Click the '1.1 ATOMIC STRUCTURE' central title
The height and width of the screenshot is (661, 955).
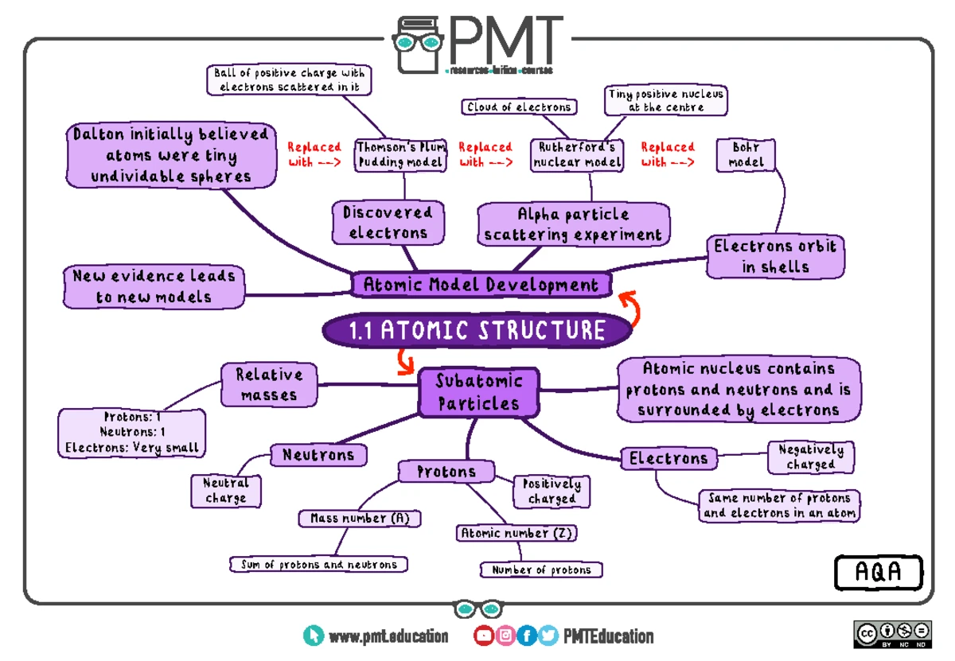click(x=477, y=330)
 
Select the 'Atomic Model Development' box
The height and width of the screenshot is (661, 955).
click(x=481, y=285)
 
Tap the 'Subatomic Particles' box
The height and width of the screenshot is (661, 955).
click(x=478, y=392)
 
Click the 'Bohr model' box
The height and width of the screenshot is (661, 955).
click(x=746, y=154)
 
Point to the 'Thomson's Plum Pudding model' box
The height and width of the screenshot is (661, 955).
click(x=400, y=154)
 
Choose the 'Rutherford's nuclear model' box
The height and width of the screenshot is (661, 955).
click(x=577, y=154)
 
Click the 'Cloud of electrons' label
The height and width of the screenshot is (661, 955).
click(x=519, y=107)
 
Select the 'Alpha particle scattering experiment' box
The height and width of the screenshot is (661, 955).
click(x=573, y=225)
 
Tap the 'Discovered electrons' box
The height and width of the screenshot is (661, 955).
click(x=388, y=223)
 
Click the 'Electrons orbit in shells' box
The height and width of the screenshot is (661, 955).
click(x=775, y=256)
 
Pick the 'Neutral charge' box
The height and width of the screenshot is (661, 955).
click(x=225, y=491)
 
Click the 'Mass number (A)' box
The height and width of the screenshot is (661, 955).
click(x=360, y=519)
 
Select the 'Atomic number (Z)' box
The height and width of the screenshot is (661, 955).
click(x=516, y=534)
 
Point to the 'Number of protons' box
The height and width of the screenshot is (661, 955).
click(x=541, y=570)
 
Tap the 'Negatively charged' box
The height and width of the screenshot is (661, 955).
click(x=810, y=457)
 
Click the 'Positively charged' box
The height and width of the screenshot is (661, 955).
click(x=552, y=491)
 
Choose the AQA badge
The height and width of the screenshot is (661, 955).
click(x=879, y=573)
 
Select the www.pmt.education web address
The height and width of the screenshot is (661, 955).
click(x=388, y=636)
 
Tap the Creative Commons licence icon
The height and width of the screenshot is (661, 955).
click(x=892, y=634)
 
